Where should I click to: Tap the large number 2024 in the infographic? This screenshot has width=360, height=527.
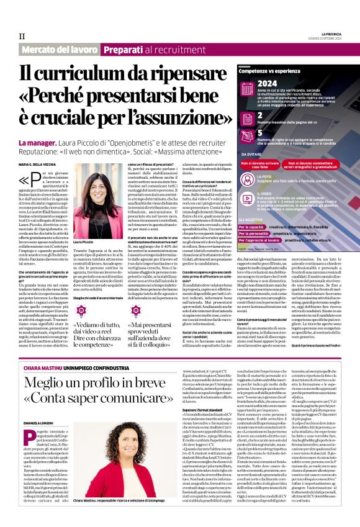pos(267,83)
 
